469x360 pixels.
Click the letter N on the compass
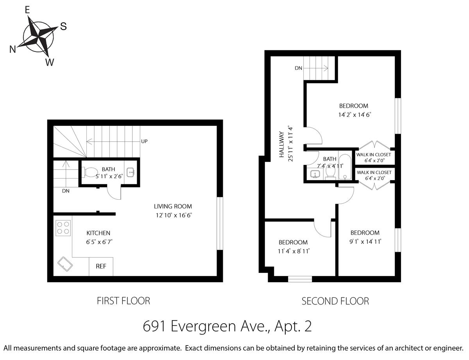tap(13, 49)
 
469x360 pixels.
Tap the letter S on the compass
tap(63, 26)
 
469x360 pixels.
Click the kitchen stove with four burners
tap(63, 228)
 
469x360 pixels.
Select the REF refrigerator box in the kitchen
tap(101, 266)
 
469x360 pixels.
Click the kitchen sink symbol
tap(65, 264)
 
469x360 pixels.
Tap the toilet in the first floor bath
tap(90, 172)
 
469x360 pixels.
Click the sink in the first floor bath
tap(131, 172)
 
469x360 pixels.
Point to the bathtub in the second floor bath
tap(345, 167)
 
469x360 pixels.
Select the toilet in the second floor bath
tap(330, 173)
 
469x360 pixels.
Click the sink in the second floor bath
tap(315, 174)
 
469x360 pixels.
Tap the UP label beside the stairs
tap(144, 141)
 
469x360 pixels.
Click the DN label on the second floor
tap(298, 68)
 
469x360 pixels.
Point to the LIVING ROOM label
tap(173, 206)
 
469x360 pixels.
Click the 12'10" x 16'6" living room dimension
tap(174, 215)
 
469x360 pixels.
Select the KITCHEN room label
tap(98, 233)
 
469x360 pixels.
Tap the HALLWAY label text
tap(281, 144)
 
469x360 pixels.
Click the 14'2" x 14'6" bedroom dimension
tap(354, 115)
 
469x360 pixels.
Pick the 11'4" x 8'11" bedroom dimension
tap(294, 251)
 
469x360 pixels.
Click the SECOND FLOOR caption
tap(335, 301)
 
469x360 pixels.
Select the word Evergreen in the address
tap(203, 326)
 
